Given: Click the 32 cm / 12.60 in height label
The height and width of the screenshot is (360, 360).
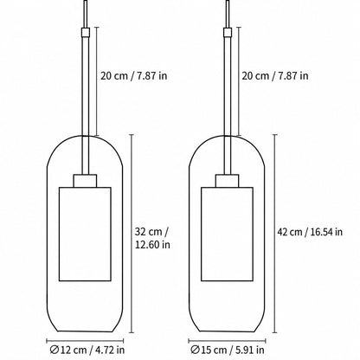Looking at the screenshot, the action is (x=152, y=238).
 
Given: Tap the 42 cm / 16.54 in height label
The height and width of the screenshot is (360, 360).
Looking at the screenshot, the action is (x=310, y=232).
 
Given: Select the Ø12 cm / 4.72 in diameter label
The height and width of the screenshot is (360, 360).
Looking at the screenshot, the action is (x=87, y=350).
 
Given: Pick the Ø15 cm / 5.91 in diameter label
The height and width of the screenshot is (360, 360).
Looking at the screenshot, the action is (x=228, y=350).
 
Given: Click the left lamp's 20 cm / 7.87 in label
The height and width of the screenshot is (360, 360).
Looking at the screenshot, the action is (x=133, y=75).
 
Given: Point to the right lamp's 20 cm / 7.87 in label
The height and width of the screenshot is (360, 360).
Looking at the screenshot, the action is (x=275, y=75).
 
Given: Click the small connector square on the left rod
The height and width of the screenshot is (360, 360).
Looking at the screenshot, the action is (x=86, y=32).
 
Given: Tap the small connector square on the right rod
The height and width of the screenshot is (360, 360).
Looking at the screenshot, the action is (x=228, y=32).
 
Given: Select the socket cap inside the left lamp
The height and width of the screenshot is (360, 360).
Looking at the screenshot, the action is (x=85, y=181).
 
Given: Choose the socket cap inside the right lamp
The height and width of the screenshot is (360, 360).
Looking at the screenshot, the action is (x=227, y=181).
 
